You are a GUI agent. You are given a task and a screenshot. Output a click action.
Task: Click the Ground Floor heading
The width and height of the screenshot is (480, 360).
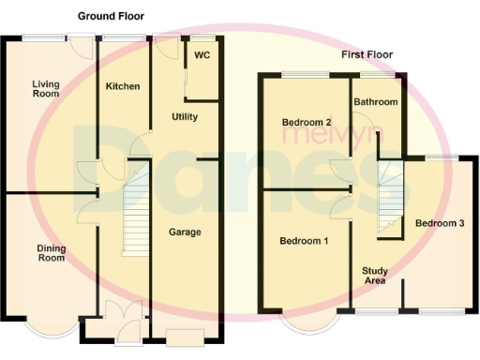tap(111, 17)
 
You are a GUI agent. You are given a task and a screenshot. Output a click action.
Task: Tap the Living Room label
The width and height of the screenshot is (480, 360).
tap(44, 88)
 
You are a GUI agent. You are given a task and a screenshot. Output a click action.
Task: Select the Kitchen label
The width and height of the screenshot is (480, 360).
tap(123, 86)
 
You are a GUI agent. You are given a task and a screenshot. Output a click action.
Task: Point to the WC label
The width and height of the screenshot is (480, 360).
tap(202, 55)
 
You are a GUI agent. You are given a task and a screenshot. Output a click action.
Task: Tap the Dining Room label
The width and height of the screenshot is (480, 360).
tap(51, 252)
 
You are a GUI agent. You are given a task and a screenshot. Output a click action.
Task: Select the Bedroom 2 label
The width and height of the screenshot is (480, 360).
tap(307, 122)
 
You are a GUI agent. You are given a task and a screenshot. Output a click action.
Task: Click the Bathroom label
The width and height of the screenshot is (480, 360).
tap(375, 101)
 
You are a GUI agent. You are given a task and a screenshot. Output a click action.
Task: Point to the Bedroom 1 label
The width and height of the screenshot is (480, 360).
tap(304, 241)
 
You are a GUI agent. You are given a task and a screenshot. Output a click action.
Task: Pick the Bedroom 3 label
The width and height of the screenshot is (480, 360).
tap(440, 223)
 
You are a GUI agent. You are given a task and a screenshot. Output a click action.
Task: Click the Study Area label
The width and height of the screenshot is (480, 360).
tap(375, 276)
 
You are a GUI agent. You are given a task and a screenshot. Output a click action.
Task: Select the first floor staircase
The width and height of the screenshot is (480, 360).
tap(389, 197)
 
